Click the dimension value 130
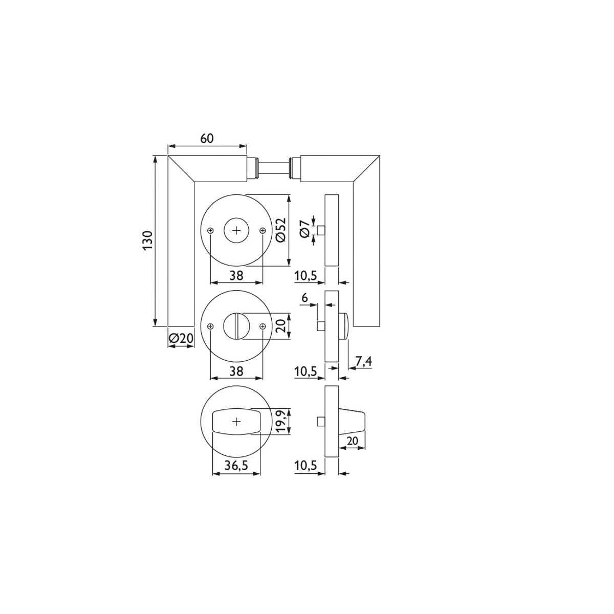[x=148, y=240]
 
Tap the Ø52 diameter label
[x=281, y=230]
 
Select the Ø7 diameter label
[x=304, y=229]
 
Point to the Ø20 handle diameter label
[x=181, y=338]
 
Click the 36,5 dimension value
[x=236, y=466]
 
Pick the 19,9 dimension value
[x=281, y=421]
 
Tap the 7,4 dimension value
[x=364, y=361]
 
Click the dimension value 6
[x=304, y=298]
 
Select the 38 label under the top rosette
[x=236, y=276]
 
